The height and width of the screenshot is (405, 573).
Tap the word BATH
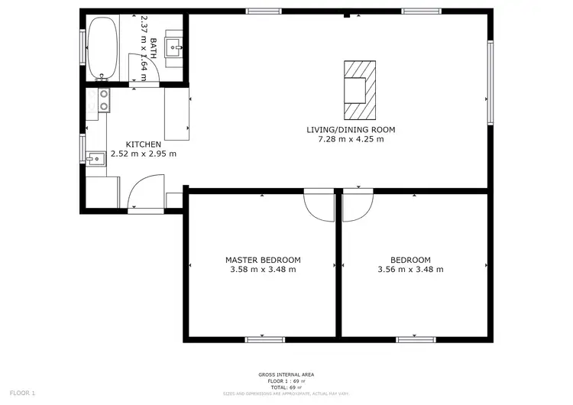154,48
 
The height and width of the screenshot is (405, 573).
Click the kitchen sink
95,159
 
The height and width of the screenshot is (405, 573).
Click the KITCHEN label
143,144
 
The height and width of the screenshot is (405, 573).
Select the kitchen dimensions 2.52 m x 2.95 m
143,154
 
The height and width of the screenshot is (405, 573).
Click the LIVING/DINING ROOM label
351,130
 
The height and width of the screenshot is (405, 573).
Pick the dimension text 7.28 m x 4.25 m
351,140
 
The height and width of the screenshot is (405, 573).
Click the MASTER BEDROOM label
262,260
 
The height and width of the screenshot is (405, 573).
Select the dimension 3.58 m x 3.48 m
262,270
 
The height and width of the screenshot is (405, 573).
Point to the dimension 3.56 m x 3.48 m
410,270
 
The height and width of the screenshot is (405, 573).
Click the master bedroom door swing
319,204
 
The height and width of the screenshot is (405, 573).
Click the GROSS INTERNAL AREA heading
286,374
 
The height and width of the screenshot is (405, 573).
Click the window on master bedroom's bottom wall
262,339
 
